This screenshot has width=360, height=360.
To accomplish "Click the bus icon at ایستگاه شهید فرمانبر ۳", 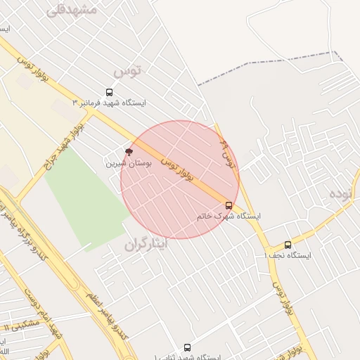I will pos(109,92).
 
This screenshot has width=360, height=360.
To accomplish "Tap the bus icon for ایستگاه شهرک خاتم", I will pos(229,205).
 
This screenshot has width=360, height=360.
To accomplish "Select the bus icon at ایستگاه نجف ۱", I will pos(288,245).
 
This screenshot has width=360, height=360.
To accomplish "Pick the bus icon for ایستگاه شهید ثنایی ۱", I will pos(186,347).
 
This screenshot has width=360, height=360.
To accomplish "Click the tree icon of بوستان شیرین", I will pos(128,151).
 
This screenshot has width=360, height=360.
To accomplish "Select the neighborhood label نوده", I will pos(344,193).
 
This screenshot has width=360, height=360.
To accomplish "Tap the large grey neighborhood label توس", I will pos(127,70).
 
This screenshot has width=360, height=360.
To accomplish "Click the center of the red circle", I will pos(180,179).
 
